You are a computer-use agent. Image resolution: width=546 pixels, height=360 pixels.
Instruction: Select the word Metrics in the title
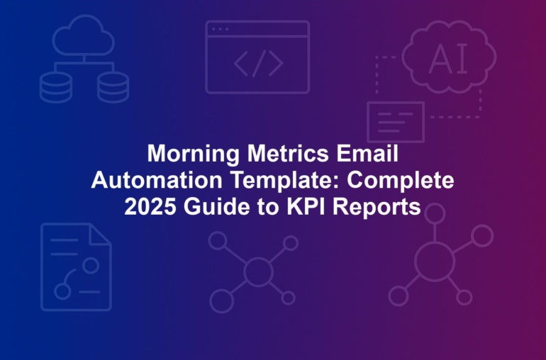[x=288, y=153]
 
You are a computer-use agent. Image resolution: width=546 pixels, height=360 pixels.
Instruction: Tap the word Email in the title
[x=367, y=153]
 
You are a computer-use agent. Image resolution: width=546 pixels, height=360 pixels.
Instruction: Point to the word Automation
[x=157, y=180]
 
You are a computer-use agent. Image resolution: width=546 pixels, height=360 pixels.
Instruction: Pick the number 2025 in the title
[x=150, y=206]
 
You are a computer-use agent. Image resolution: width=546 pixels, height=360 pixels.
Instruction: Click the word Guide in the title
[x=216, y=206]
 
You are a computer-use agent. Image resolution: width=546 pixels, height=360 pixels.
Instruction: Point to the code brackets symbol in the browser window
[x=258, y=63]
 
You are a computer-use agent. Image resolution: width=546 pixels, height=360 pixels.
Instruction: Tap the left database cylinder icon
[x=56, y=88]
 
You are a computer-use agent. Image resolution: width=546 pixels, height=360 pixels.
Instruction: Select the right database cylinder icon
[x=113, y=88]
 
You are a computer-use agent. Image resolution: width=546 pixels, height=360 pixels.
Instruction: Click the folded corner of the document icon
[x=100, y=235]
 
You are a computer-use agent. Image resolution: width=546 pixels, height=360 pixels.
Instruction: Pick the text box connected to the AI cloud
[x=396, y=122]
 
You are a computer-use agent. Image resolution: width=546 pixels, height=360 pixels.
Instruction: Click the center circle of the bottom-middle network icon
[x=258, y=271]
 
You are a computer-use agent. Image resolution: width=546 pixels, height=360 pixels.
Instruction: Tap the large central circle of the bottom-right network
[x=435, y=261]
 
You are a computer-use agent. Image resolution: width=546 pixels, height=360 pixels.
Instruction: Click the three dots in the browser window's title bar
[x=220, y=29]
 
